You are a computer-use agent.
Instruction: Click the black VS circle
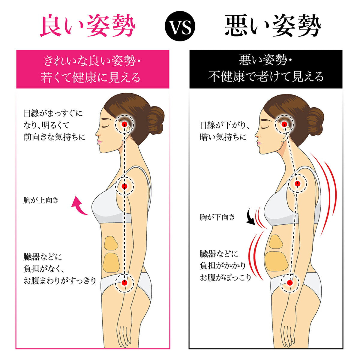click(x=180, y=26)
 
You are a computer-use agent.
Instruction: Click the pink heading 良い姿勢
click(x=88, y=25)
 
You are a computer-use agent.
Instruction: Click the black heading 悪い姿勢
click(x=273, y=25)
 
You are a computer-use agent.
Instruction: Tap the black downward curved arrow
click(x=251, y=217)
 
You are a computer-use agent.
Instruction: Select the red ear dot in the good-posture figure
click(x=124, y=124)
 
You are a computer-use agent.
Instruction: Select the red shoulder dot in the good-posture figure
click(x=124, y=186)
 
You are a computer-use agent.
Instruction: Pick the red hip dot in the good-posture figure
click(x=124, y=283)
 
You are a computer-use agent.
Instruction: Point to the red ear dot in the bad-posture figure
click(x=284, y=124)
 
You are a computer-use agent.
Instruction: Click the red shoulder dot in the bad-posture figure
click(x=297, y=184)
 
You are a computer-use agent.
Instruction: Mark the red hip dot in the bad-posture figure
click(x=290, y=283)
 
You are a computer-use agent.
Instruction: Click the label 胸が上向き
click(x=41, y=200)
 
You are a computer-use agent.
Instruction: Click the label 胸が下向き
click(x=217, y=217)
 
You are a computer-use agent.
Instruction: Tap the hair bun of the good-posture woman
click(x=155, y=121)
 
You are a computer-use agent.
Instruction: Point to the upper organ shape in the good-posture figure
click(x=111, y=243)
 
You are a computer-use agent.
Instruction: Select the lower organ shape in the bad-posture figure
click(x=277, y=261)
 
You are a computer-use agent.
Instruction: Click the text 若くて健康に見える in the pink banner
click(x=91, y=77)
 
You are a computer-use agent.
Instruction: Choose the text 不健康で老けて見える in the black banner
click(x=266, y=76)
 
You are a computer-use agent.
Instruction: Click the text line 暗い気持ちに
click(x=223, y=137)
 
